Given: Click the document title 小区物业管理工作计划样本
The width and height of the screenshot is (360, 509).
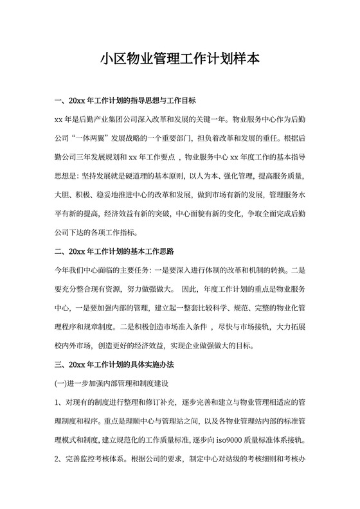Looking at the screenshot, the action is click(180, 60).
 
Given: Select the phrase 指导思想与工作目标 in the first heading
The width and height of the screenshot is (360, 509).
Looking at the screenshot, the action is click(167, 101).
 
